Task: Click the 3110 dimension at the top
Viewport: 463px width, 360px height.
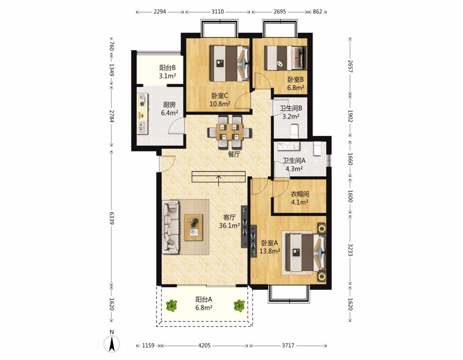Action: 217,12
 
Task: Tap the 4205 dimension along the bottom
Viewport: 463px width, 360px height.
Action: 204,345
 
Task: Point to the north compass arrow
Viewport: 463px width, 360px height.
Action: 112,344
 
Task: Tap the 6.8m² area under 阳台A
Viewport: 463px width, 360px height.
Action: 204,308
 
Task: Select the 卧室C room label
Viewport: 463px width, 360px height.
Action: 219,96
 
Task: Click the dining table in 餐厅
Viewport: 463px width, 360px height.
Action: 229,132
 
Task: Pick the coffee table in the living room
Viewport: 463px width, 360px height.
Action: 193,228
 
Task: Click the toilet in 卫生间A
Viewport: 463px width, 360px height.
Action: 317,148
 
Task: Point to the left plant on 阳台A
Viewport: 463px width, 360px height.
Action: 171,306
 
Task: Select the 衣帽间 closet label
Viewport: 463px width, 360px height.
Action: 300,194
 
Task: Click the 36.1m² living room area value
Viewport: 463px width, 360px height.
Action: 229,225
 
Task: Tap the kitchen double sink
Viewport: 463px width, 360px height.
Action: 142,128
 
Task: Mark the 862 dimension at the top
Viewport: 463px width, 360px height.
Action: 317,12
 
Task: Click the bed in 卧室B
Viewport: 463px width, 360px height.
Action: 285,58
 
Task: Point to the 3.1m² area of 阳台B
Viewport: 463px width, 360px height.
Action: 167,76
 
